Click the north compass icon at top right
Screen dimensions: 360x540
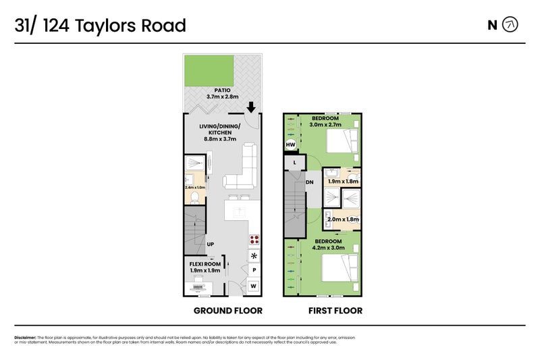pos(512,25)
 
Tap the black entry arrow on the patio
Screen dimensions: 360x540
pos(250,107)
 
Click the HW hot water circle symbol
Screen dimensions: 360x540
pos(291,145)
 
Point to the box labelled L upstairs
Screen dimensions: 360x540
pos(295,163)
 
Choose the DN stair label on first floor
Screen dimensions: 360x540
pos(310,182)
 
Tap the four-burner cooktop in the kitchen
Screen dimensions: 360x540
pos(254,240)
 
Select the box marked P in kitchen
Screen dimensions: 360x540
pos(254,270)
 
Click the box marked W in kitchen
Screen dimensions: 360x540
pos(254,286)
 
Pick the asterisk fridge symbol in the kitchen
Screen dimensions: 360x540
pos(254,256)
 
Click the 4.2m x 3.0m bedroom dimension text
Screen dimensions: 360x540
pos(327,248)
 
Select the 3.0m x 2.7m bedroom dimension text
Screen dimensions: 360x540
pos(325,125)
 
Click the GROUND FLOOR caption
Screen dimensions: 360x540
pos(227,311)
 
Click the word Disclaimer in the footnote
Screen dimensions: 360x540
pos(25,337)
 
